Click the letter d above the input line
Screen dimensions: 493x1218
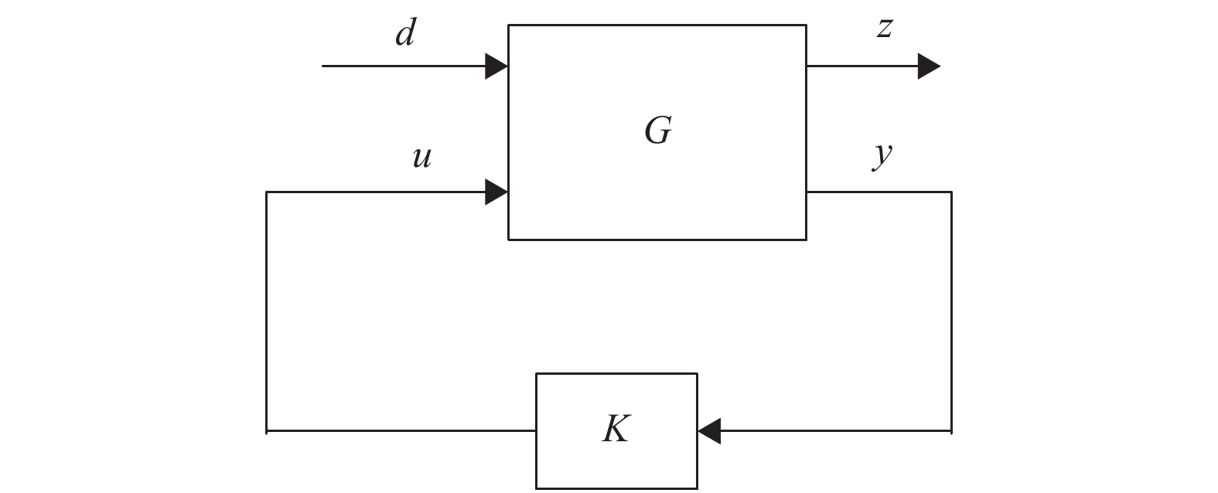point(405,34)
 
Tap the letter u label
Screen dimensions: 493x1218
point(421,158)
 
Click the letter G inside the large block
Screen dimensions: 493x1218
point(658,131)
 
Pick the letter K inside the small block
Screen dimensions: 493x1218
point(616,429)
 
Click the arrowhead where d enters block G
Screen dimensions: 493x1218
point(496,66)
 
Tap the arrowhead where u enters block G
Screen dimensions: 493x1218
point(496,192)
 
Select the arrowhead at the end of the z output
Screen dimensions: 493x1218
point(929,66)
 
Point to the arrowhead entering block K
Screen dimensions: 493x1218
point(709,430)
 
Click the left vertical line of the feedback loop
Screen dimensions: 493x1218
point(267,309)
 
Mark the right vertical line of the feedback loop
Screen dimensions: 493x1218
point(951,309)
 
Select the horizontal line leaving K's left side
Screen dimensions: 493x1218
point(402,430)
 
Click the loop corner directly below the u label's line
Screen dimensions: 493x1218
point(267,430)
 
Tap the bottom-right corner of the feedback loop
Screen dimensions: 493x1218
point(951,430)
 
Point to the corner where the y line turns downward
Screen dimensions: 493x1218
point(951,192)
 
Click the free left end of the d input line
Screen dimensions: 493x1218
point(323,66)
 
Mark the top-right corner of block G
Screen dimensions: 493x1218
point(807,25)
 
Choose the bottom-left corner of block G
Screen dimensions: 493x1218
point(508,240)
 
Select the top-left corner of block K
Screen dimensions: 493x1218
point(537,374)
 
